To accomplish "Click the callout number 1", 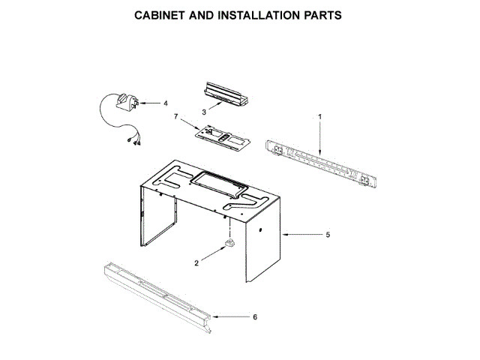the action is point(320,117).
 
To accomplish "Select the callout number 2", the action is point(196,263).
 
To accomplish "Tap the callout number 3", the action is point(204,112).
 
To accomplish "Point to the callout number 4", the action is point(166,103).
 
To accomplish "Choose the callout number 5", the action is point(328,235).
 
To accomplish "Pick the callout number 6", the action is point(255,316).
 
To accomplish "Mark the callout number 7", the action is point(175,116).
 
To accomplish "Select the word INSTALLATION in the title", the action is point(259,15).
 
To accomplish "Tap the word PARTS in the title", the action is point(323,15).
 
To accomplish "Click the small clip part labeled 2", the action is point(229,243).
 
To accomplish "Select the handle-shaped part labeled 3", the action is point(226,94).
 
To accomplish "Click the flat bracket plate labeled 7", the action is point(223,136).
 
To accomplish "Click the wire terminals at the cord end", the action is point(135,141).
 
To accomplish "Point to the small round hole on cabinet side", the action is point(260,230).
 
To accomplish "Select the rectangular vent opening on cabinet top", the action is point(218,184).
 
